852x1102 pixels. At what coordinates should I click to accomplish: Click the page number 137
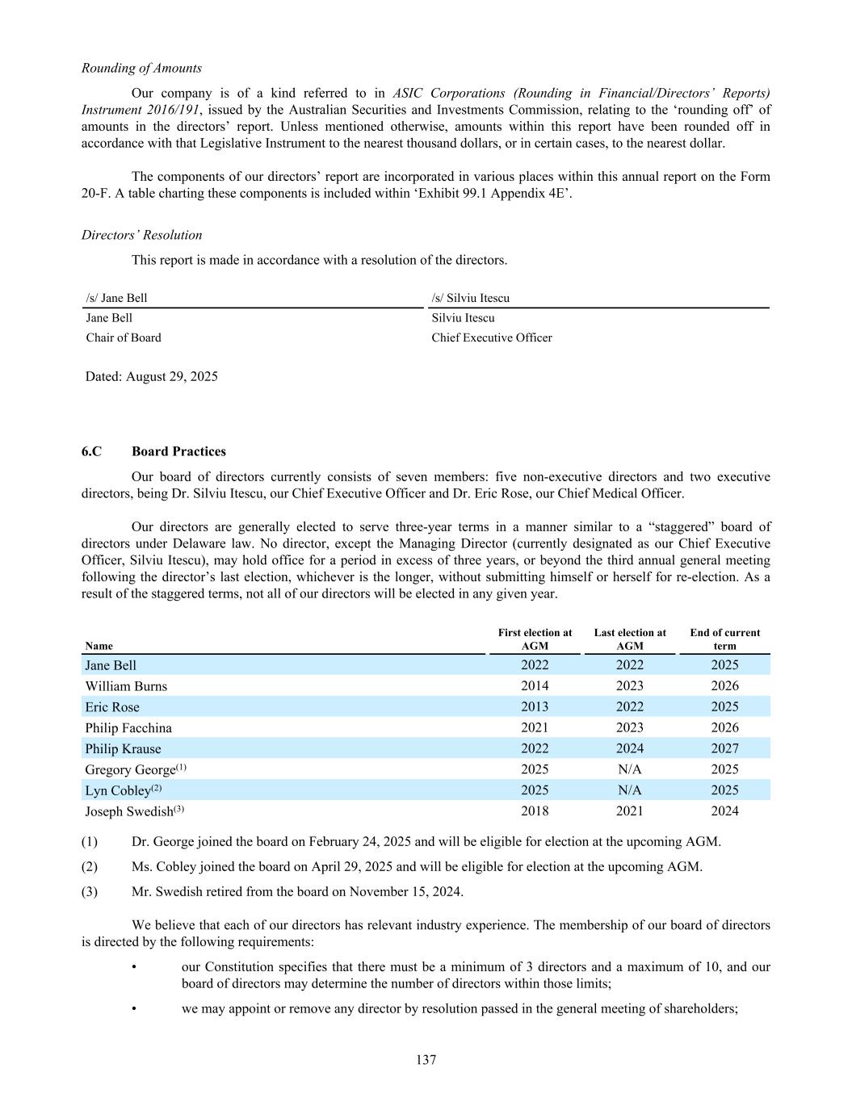(x=426, y=1060)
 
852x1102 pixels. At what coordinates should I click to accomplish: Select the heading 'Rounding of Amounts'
(x=141, y=68)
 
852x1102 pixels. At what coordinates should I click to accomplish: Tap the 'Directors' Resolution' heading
(x=141, y=235)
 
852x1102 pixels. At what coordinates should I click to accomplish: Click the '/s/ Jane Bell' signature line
(x=116, y=298)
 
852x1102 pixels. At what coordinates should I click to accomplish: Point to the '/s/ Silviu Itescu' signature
(x=470, y=298)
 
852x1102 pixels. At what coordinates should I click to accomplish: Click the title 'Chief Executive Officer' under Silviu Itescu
(x=491, y=337)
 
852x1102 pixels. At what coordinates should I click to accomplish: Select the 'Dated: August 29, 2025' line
(x=151, y=376)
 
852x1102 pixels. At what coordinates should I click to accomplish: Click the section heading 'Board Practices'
(x=178, y=451)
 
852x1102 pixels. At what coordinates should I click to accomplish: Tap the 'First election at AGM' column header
(x=535, y=639)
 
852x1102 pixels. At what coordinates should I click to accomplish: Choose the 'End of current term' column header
(x=724, y=639)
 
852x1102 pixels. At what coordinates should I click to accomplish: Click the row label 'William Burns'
(x=126, y=686)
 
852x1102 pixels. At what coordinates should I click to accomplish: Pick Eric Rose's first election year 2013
(x=535, y=706)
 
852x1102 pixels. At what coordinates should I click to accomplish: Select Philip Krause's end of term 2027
(x=724, y=748)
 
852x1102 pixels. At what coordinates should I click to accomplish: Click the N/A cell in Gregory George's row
(x=630, y=769)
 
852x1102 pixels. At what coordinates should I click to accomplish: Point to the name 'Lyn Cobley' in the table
(x=117, y=790)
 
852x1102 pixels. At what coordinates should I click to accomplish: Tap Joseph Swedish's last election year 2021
(x=630, y=811)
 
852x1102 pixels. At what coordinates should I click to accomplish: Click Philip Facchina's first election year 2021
(x=535, y=727)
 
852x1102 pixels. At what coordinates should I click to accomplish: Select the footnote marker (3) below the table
(x=90, y=891)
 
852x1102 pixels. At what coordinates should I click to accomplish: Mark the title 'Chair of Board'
(x=124, y=337)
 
